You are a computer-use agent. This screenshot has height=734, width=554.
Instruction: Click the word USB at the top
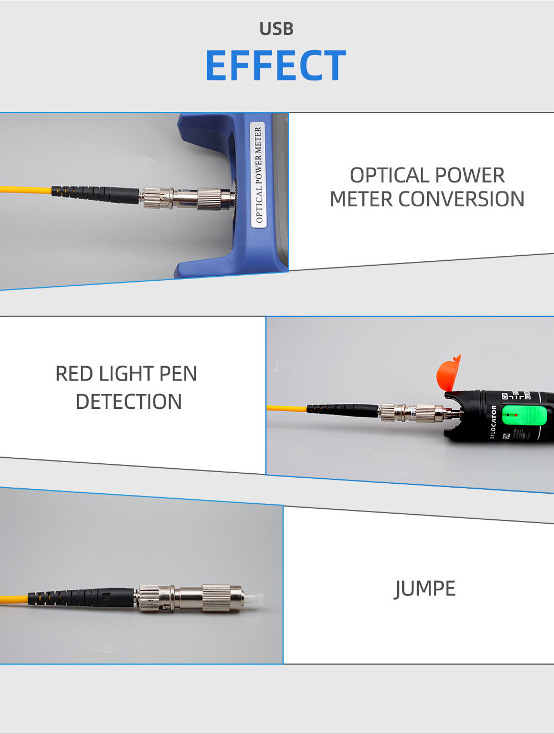pyautogui.click(x=276, y=29)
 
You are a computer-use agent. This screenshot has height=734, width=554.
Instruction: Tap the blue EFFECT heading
pyautogui.click(x=276, y=65)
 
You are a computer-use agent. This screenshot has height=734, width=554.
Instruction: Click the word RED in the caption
pyautogui.click(x=74, y=374)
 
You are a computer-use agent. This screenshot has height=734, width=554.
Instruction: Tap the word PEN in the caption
pyautogui.click(x=178, y=374)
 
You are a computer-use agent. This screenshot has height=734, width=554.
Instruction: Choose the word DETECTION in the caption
pyautogui.click(x=129, y=402)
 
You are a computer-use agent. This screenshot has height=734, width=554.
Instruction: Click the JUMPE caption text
pyautogui.click(x=425, y=589)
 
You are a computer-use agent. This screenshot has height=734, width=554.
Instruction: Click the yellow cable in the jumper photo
pyautogui.click(x=14, y=599)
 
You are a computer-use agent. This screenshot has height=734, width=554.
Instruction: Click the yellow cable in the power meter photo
pyautogui.click(x=25, y=190)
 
